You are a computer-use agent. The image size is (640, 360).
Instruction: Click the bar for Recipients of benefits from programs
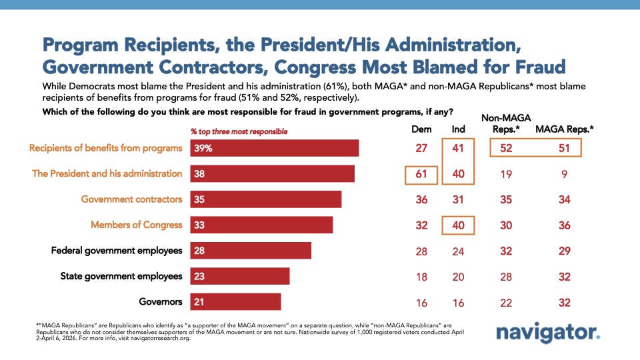point(275,148)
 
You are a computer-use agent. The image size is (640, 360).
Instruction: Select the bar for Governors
point(236,302)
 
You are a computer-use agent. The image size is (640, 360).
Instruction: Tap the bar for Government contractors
point(266,199)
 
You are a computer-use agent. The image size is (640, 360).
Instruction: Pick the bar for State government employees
point(240,276)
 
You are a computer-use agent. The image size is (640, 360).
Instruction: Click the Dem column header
point(421,129)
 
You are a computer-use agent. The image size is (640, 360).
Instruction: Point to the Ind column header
point(458,129)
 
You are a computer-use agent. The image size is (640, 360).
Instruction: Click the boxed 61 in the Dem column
point(421,174)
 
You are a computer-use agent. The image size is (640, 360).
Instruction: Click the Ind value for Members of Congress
point(458,225)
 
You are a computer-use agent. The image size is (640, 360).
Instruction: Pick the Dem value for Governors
point(421,303)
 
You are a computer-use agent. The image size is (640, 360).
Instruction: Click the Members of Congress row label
point(136,225)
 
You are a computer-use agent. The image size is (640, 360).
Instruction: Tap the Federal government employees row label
point(117,251)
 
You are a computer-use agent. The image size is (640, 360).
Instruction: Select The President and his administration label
point(107,173)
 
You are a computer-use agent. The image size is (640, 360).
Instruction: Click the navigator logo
point(548,333)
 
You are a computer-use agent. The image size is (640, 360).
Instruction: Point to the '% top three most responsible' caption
point(239,131)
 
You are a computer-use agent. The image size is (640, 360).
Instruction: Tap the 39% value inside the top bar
point(203,148)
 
